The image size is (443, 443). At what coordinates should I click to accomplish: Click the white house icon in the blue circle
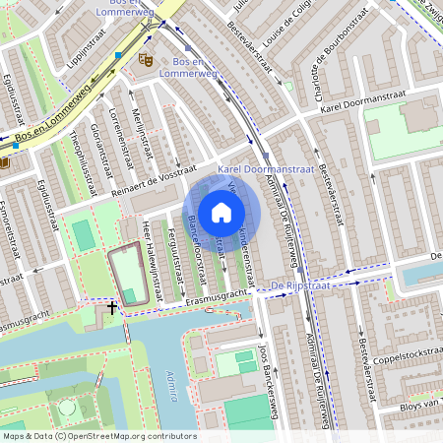point(221,212)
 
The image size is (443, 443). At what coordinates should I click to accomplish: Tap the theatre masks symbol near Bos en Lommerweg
point(146,60)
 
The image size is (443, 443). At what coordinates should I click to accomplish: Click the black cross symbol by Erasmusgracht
point(112,308)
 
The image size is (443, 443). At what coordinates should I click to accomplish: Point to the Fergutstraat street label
point(174,255)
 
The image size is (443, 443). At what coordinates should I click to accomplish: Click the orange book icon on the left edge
point(4,161)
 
